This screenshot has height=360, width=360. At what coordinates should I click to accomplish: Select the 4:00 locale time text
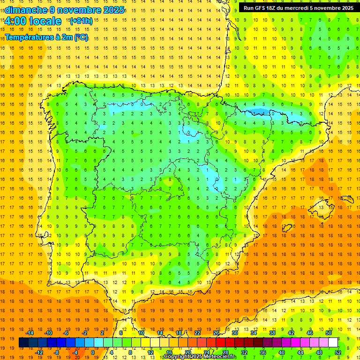[33, 21]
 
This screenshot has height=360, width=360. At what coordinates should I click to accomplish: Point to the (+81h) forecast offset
[81, 21]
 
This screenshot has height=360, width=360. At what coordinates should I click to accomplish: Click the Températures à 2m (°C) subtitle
[46, 37]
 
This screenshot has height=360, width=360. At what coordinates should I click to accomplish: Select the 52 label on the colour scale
[338, 352]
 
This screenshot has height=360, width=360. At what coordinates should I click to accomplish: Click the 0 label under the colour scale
[93, 352]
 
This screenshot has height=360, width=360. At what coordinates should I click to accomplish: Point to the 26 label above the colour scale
[216, 333]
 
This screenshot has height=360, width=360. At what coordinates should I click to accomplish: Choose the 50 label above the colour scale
[329, 333]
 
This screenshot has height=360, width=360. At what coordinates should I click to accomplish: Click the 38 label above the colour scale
[272, 333]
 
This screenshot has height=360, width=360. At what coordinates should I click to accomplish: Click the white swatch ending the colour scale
[333, 343]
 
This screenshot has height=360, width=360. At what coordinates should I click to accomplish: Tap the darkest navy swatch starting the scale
[23, 343]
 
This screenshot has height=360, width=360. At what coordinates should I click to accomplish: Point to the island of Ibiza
[286, 228]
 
